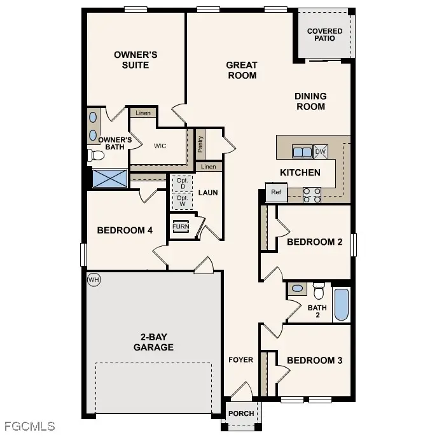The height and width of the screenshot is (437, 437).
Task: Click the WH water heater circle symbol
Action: coord(94,279)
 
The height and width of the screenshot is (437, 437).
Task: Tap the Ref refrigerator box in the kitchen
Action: coord(276,192)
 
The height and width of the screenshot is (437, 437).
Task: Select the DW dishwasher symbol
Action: coord(321,151)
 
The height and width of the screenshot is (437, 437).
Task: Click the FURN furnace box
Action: coord(181,226)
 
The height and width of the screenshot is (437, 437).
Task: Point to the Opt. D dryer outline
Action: coord(182,183)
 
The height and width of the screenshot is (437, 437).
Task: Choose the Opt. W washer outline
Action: coord(182,200)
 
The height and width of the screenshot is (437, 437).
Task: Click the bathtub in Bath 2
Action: coord(342,305)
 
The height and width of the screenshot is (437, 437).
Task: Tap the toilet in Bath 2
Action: coord(319,290)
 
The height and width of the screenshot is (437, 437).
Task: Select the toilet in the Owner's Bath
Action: coord(96,155)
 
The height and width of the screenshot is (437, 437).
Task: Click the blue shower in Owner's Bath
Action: coord(110,177)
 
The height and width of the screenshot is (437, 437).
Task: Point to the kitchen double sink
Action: coord(302,151)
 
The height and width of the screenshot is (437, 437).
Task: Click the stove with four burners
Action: coord(312,195)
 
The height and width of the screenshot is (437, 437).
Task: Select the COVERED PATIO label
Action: coord(324,34)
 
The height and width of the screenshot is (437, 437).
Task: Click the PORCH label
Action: coord(241,413)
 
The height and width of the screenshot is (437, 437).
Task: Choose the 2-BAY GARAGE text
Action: coord(153,342)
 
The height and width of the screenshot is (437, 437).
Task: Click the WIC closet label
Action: coord(160,146)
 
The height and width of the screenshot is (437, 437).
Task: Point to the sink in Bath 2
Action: coord(296,289)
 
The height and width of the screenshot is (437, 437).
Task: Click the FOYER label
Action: coord(240,360)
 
